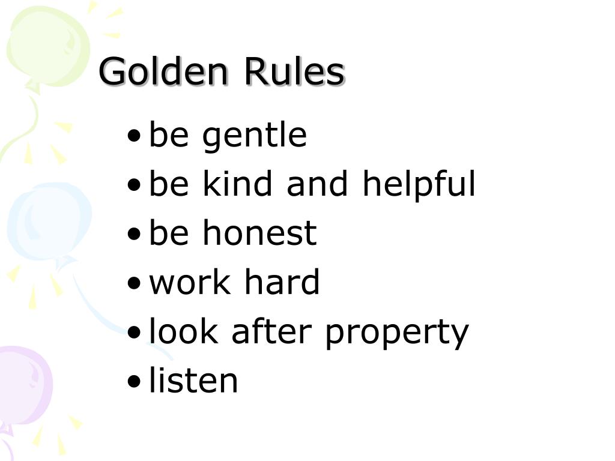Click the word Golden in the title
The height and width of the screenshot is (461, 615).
coord(163,72)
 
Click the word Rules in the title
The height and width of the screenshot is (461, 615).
coord(294,72)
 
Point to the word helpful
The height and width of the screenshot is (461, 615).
coord(419,185)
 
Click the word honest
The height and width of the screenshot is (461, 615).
coord(259,233)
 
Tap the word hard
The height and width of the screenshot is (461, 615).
coord(280,282)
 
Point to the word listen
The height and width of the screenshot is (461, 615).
coord(193,381)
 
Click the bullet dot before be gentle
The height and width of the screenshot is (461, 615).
coord(135,137)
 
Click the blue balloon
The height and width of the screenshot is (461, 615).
coord(48,222)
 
